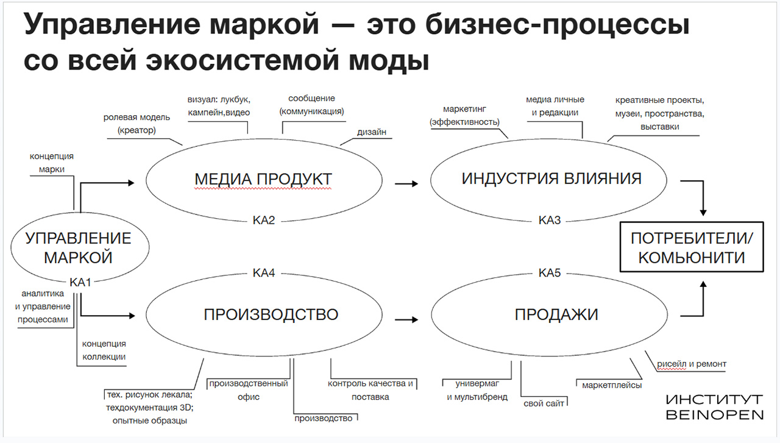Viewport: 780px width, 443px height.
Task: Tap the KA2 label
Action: pyautogui.click(x=264, y=220)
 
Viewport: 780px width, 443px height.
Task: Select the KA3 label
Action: pyautogui.click(x=549, y=220)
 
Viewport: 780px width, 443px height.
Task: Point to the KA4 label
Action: pyautogui.click(x=264, y=272)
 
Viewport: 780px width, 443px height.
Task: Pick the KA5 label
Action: pyautogui.click(x=549, y=272)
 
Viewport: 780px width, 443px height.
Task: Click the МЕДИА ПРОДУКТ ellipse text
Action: pyautogui.click(x=263, y=179)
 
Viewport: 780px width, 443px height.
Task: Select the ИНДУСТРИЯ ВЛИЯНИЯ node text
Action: pyautogui.click(x=551, y=179)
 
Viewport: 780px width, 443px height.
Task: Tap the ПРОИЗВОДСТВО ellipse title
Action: pyautogui.click(x=271, y=314)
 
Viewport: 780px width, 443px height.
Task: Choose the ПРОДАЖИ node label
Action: pyautogui.click(x=556, y=314)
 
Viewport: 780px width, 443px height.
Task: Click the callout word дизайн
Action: pyautogui.click(x=372, y=132)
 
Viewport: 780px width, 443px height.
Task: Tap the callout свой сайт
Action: pyautogui.click(x=544, y=403)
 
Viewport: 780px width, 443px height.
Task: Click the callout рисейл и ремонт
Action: pyautogui.click(x=691, y=364)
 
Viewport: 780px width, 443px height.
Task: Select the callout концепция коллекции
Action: pyautogui.click(x=104, y=350)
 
